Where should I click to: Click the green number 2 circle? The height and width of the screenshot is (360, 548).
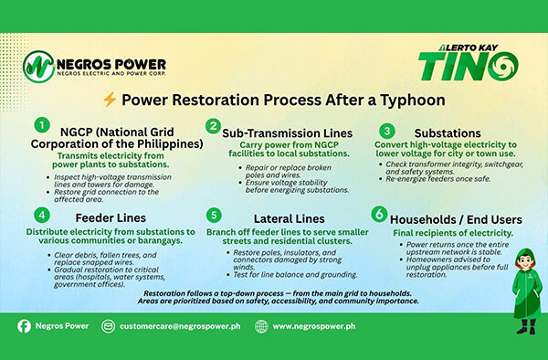[x=213, y=126]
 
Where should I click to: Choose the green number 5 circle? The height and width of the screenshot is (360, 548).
[x=212, y=216]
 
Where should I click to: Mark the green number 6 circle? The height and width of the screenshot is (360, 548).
[x=378, y=215]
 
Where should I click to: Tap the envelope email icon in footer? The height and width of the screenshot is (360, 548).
[x=109, y=325]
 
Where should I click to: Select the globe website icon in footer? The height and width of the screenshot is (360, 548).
[x=261, y=325]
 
